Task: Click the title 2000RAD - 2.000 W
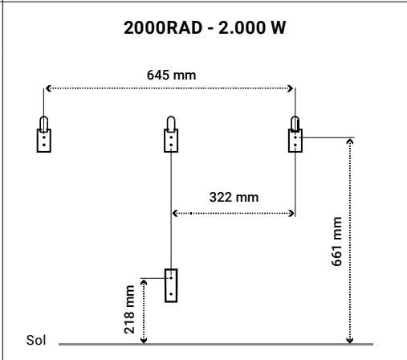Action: tap(205, 27)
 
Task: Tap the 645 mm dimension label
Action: tap(171, 75)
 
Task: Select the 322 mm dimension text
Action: tap(234, 198)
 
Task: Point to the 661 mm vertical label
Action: tap(336, 241)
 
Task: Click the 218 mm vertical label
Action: tap(129, 309)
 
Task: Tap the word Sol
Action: tap(36, 340)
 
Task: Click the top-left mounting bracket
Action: tap(44, 134)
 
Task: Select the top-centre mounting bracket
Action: tap(171, 134)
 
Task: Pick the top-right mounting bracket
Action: tap(295, 134)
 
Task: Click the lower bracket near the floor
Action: tap(171, 285)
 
